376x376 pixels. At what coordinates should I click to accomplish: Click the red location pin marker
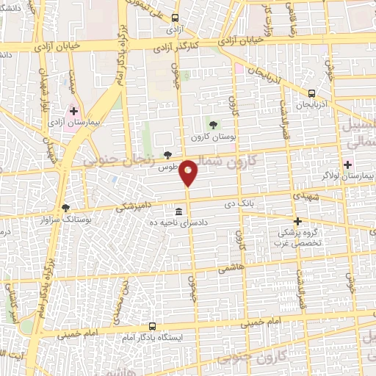pyautogui.click(x=189, y=172)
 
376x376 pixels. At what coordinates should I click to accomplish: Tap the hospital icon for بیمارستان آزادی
pyautogui.click(x=73, y=111)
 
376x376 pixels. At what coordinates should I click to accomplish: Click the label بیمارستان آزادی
pyautogui.click(x=73, y=123)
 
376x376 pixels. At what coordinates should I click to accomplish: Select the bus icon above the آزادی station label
pyautogui.click(x=174, y=18)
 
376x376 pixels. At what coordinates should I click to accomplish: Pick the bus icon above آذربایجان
pyautogui.click(x=312, y=93)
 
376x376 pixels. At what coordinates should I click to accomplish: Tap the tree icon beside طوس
pyautogui.click(x=168, y=155)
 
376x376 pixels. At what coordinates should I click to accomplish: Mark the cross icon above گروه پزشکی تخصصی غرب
pyautogui.click(x=297, y=220)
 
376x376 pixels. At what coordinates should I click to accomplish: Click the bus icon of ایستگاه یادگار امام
pyautogui.click(x=152, y=325)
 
